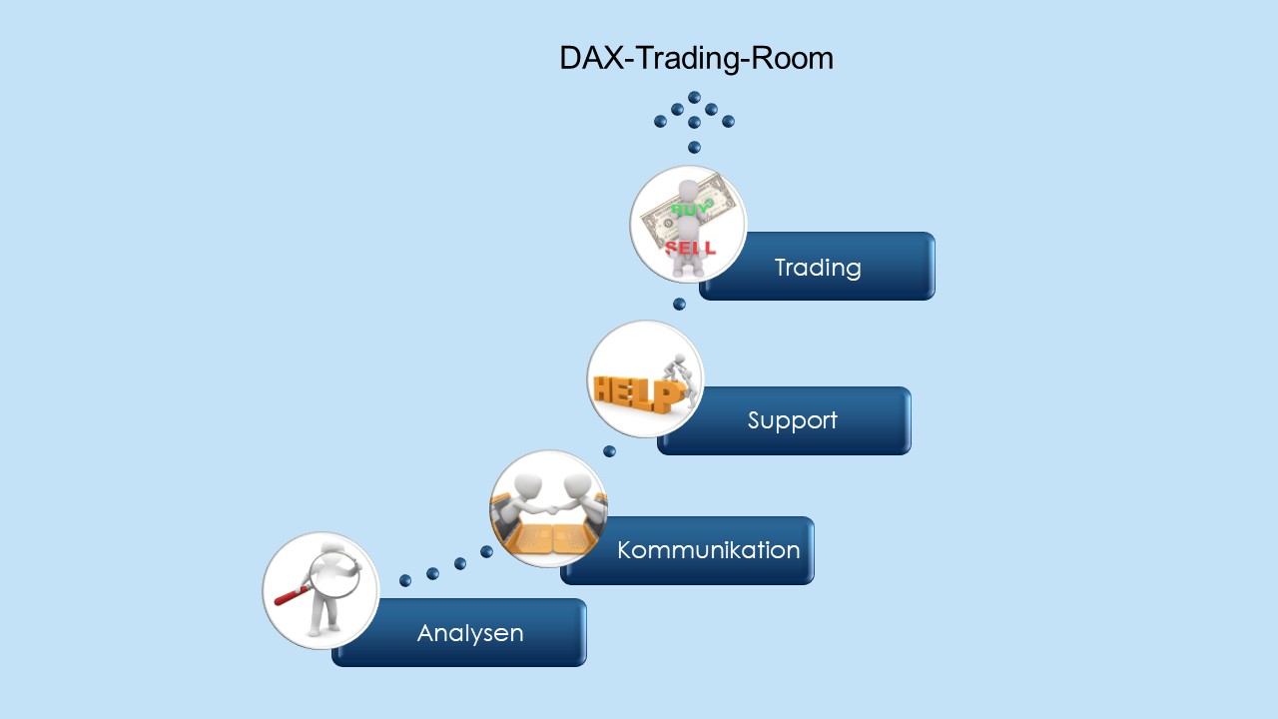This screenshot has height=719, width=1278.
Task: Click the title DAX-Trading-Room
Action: point(696,58)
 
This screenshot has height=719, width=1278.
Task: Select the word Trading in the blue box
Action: point(817,268)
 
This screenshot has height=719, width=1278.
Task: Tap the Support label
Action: point(792,420)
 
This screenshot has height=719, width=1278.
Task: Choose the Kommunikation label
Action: point(708,550)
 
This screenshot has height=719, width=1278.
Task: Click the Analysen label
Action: point(469,633)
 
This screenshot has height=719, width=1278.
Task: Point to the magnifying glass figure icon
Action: point(320,590)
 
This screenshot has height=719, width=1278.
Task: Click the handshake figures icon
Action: point(548,508)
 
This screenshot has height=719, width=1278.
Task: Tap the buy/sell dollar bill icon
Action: point(688,224)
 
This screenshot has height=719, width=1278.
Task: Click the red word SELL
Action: point(690,247)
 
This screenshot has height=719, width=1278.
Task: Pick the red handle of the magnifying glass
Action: point(292,596)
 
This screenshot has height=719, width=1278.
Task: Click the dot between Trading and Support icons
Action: point(679,304)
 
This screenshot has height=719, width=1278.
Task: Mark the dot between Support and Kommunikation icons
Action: point(609,451)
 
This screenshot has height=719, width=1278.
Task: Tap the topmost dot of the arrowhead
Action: point(694,98)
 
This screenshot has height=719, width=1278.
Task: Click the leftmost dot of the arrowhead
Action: point(660,122)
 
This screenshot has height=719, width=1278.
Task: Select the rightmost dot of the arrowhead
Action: point(728,122)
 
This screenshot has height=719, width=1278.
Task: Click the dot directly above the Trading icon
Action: point(694,148)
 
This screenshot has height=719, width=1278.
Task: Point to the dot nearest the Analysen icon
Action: point(405,580)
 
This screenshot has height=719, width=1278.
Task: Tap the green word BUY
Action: point(688,210)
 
